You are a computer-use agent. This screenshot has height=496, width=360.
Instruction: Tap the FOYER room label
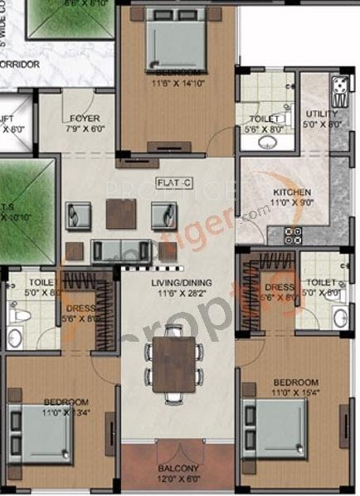point(85,118)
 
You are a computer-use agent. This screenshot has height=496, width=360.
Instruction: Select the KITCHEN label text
point(291,192)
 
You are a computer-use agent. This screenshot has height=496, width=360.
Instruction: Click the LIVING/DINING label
point(175,283)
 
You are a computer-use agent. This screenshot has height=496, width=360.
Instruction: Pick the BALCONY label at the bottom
point(175,469)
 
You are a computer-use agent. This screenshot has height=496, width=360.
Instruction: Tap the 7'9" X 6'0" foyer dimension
point(85,129)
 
